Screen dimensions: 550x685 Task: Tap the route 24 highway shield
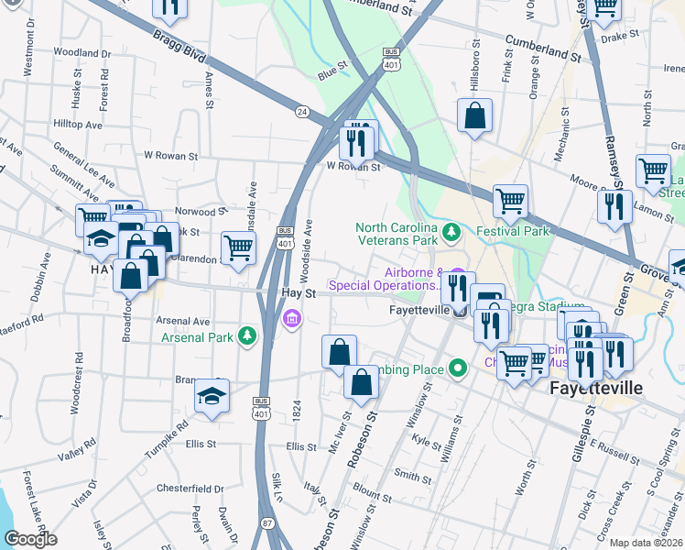301,111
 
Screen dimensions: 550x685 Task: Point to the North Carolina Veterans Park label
397,234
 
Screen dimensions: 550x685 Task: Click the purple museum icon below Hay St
292,319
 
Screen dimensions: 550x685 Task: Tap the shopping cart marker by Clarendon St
238,247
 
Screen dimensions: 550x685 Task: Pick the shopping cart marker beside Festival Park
510,201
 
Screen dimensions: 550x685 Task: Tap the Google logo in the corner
31,538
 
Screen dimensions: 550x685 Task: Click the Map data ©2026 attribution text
647,543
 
